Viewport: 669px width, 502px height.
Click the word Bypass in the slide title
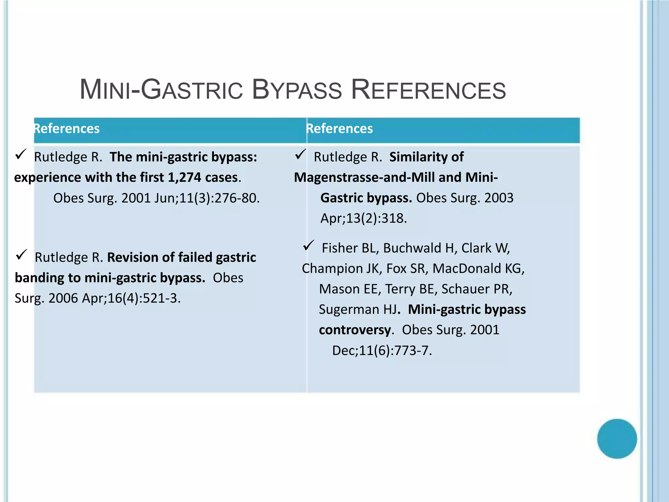[x=297, y=90]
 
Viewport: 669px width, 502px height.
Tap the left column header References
[x=67, y=128]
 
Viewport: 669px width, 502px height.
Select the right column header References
[x=339, y=128]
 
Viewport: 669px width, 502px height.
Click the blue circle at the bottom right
[x=617, y=439]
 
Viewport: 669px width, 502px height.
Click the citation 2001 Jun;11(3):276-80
[x=190, y=198]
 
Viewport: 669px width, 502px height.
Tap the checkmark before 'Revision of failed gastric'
[x=21, y=255]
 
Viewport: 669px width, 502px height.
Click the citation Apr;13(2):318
[x=364, y=218]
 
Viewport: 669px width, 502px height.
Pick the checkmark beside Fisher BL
[x=308, y=245]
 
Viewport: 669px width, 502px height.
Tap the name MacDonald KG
[x=478, y=269]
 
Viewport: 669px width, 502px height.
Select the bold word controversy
[x=355, y=330]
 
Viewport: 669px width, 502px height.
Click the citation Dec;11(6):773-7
[x=382, y=351]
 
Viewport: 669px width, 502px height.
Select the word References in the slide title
[x=428, y=90]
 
